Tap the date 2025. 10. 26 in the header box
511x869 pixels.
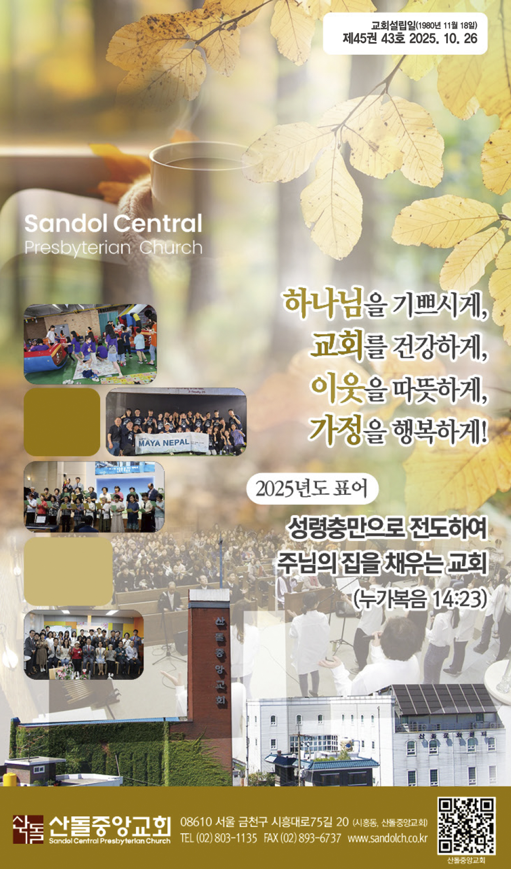coord(443,38)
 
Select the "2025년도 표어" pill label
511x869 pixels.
coord(312,488)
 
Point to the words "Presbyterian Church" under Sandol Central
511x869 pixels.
coord(113,248)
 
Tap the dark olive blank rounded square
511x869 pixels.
coord(62,422)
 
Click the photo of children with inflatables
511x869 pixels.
coord(90,344)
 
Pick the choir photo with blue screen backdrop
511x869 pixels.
coord(94,497)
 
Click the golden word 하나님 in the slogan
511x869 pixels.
coord(323,303)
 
